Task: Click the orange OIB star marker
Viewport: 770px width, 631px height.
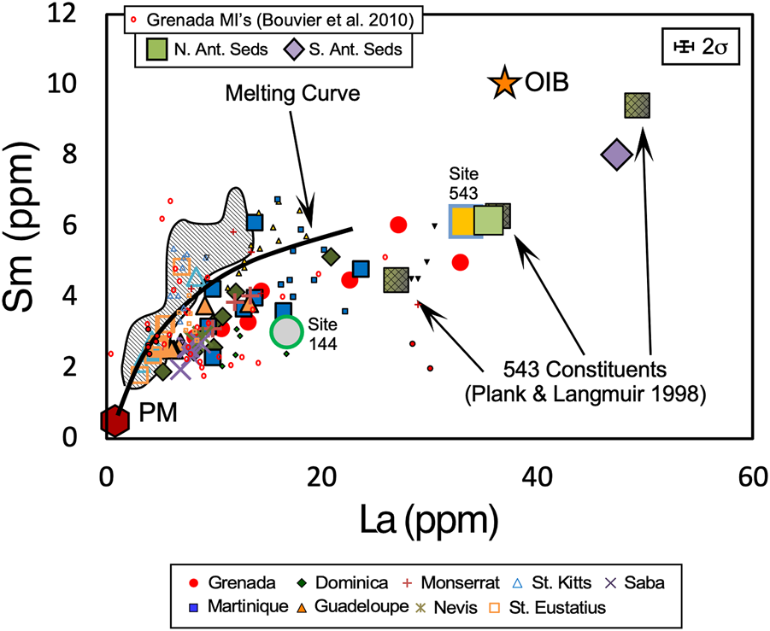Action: pyautogui.click(x=504, y=83)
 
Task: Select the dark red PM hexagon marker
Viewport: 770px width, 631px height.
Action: pyautogui.click(x=114, y=420)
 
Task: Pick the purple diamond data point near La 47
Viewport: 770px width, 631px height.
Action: pyautogui.click(x=617, y=155)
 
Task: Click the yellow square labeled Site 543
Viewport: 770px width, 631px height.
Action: pyautogui.click(x=466, y=221)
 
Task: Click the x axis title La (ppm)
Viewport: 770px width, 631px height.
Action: pyautogui.click(x=429, y=518)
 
